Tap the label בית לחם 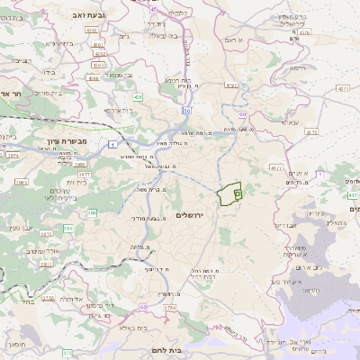pos(186,352)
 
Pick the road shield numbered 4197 pos(231,85)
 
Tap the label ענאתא pos(288,121)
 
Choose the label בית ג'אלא pos(130,328)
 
